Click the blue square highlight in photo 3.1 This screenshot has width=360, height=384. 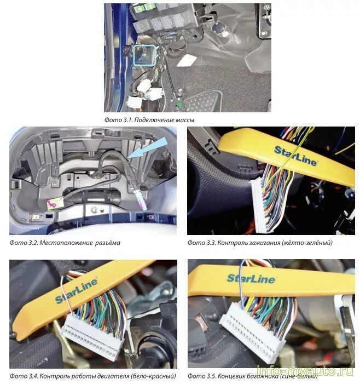pos(133,55)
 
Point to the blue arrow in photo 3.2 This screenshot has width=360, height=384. pos(147,148)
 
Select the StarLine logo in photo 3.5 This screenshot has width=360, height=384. pos(251,279)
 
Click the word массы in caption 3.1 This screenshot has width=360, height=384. pos(184,120)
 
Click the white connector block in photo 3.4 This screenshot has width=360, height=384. pos(92,333)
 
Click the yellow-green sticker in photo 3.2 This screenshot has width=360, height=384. pos(55,204)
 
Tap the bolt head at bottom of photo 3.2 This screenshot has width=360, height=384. pos(94,210)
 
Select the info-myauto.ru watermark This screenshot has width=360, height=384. pos(305,371)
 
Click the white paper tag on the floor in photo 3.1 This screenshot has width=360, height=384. pos(187,60)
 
